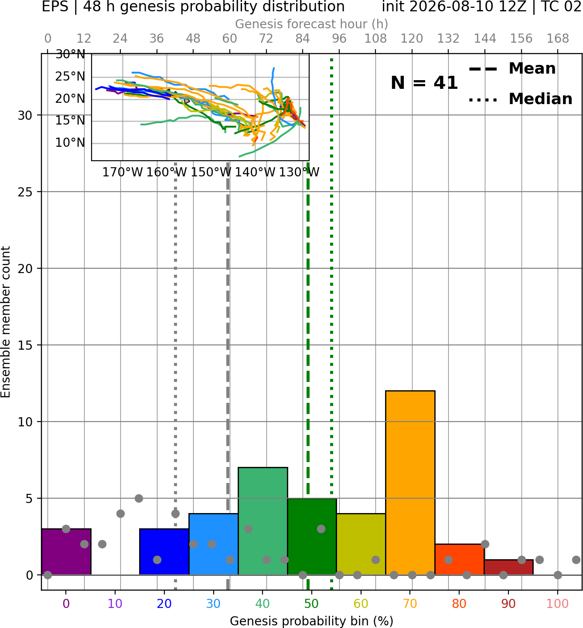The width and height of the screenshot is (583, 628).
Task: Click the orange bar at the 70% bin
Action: [410, 483]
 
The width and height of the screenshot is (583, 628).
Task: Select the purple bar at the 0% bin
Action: [66, 551]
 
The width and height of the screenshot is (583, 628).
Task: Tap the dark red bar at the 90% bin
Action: [508, 567]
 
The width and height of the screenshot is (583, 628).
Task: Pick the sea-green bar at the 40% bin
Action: [263, 521]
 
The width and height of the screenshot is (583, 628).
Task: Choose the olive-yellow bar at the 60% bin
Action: [361, 544]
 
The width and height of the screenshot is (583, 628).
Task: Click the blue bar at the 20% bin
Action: [164, 551]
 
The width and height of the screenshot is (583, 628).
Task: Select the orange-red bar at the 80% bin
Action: [460, 559]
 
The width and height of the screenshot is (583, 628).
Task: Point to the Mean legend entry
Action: [512, 69]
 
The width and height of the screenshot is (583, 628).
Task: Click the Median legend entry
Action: [520, 99]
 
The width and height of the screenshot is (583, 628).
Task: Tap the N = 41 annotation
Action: [424, 83]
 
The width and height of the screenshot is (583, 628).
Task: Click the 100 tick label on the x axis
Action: [558, 604]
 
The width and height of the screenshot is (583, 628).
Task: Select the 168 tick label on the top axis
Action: [558, 39]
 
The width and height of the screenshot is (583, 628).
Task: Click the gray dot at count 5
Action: [139, 498]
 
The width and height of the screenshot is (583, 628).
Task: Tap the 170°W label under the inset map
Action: [123, 172]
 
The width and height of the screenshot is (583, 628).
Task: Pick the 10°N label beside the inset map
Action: [70, 143]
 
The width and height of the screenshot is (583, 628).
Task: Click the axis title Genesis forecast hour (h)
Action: [312, 24]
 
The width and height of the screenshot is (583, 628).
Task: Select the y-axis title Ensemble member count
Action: [5, 322]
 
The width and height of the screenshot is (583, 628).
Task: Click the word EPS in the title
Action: [55, 7]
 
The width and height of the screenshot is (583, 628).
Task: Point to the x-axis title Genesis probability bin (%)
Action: [312, 621]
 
